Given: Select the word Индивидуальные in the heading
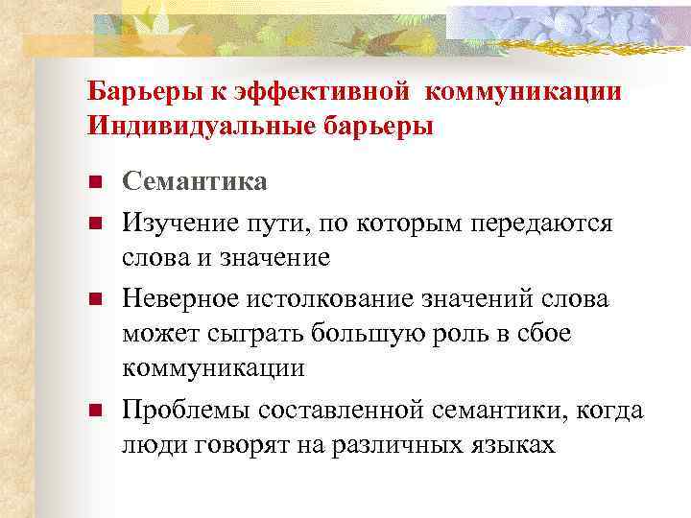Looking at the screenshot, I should (x=180, y=125).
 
